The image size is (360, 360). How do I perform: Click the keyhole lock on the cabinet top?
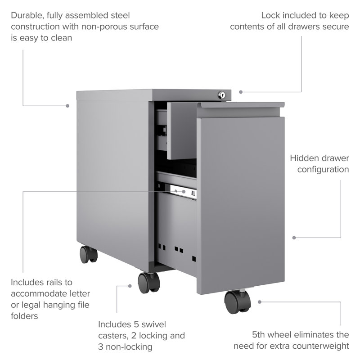(221, 95)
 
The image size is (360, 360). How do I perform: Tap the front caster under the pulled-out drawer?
(238, 301)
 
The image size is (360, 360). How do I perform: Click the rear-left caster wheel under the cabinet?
(89, 254)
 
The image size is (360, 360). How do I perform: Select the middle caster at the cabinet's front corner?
(149, 283)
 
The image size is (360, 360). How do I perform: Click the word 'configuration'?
(323, 170)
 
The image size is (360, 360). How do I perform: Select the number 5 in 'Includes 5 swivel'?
(135, 324)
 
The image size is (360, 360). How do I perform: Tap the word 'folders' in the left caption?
(24, 316)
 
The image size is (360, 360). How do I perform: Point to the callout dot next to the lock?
(241, 92)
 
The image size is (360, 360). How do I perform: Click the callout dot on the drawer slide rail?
(184, 192)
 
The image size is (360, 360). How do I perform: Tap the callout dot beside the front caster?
(130, 286)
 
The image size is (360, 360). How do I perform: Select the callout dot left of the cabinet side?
(67, 106)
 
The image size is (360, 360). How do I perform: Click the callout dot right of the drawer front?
(294, 238)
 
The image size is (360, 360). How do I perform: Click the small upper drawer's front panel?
(181, 131)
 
